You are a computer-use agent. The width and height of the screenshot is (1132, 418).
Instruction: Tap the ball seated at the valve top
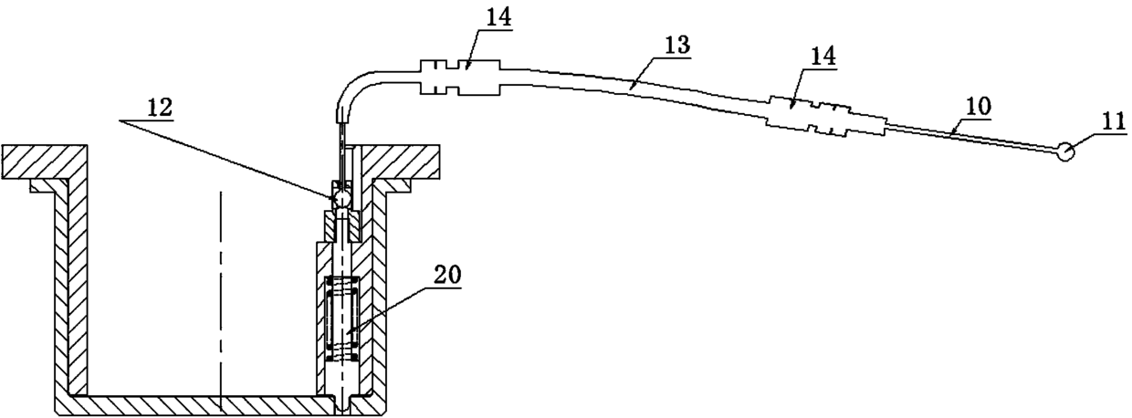pyautogui.click(x=341, y=196)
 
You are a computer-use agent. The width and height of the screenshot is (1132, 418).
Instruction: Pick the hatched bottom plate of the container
pyautogui.click(x=201, y=403)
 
